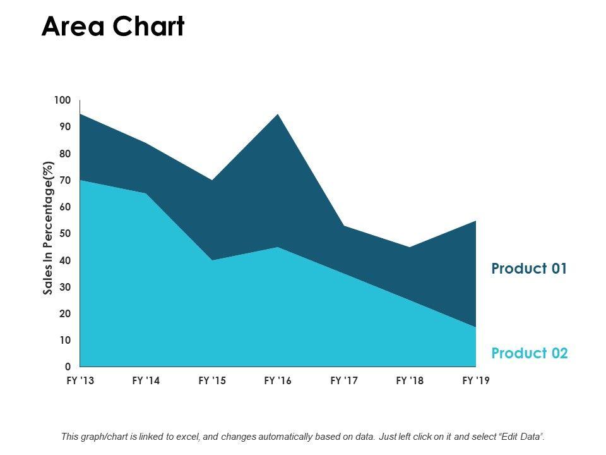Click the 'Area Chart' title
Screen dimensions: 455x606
(x=113, y=27)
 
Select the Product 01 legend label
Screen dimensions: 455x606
(x=529, y=269)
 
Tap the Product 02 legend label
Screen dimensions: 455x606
(x=530, y=353)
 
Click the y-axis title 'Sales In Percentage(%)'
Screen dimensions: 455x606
(x=49, y=228)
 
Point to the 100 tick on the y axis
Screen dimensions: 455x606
(x=63, y=100)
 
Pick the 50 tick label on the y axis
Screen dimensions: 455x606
(x=66, y=234)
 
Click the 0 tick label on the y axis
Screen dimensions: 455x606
(x=68, y=367)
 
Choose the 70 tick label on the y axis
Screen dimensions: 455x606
(x=66, y=180)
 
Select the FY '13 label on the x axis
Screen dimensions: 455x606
(x=81, y=381)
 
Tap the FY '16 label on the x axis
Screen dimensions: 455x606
(x=278, y=381)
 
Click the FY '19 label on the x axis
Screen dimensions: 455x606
(x=475, y=381)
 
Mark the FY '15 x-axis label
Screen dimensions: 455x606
(x=212, y=381)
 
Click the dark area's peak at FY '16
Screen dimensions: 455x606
(x=278, y=114)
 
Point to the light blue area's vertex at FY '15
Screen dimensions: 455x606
(x=212, y=260)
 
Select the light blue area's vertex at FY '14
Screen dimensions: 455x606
(x=146, y=193)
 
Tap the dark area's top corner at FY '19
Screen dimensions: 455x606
(x=475, y=221)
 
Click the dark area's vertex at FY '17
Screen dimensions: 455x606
(x=344, y=226)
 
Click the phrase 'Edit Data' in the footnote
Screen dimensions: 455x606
(x=519, y=436)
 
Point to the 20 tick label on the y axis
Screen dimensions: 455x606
(x=66, y=313)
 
